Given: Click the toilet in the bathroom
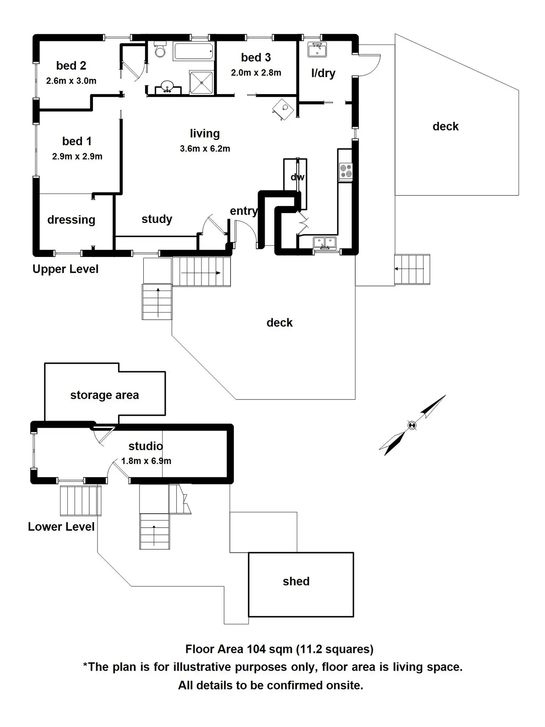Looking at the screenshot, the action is coord(160,49).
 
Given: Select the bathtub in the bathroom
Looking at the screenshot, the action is coord(194,51).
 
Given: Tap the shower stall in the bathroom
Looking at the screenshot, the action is coord(201,82).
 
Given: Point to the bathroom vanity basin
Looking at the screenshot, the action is coord(168,87).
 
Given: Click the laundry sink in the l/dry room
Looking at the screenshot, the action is coord(317,50).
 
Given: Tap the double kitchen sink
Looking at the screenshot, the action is coord(325,243).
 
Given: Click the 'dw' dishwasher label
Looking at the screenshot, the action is coord(297,177).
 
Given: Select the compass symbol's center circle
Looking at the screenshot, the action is coord(412,425).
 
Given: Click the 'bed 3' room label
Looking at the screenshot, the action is coord(256,57).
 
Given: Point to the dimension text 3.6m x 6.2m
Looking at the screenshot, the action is coord(205,149).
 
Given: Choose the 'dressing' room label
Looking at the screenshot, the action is coord(71,220).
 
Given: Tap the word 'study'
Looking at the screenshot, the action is coord(157,219).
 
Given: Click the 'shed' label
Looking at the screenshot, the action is coord(296,581).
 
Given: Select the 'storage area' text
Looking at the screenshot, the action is coord(104,395).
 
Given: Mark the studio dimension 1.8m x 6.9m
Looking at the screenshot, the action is coord(146,461).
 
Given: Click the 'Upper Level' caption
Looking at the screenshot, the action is coord(66,269).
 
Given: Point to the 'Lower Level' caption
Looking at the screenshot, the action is coord(61,527).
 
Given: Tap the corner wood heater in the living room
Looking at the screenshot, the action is coord(283,109).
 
